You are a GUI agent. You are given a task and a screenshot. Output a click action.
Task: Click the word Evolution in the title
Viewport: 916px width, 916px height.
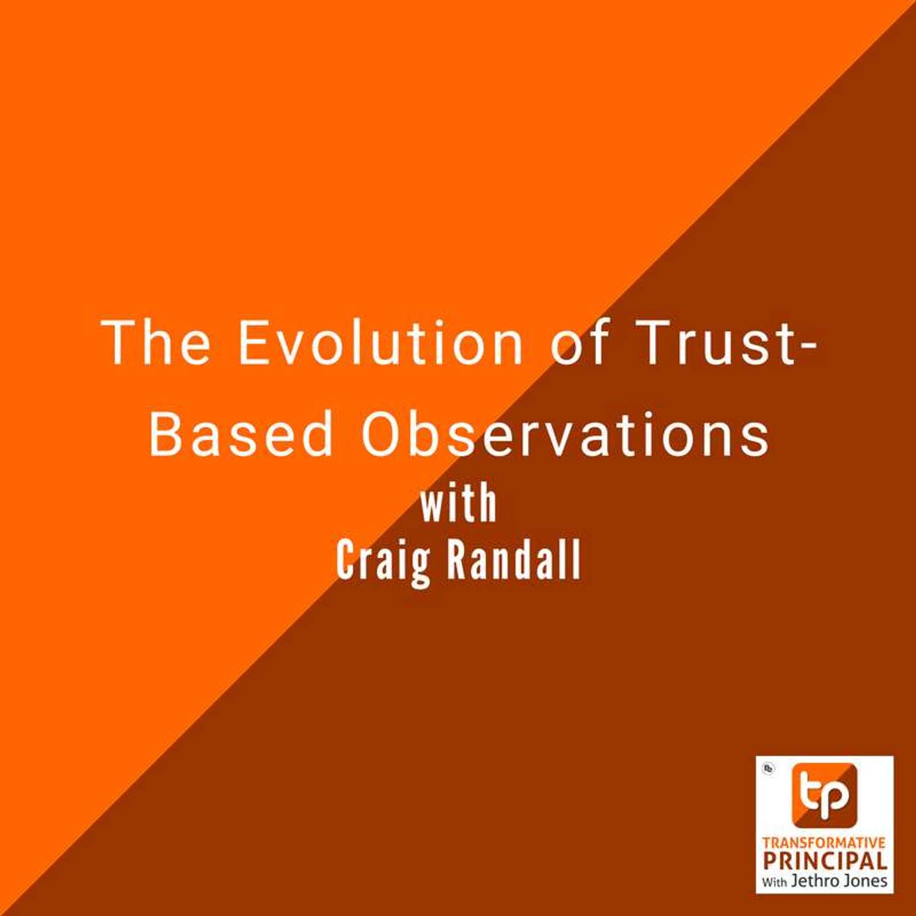click(x=380, y=342)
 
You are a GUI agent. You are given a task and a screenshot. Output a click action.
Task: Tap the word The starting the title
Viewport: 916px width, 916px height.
click(x=156, y=342)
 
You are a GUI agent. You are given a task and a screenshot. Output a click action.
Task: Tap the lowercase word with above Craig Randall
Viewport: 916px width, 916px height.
click(x=458, y=504)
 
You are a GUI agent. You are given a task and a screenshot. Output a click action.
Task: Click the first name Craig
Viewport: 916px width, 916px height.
click(x=383, y=561)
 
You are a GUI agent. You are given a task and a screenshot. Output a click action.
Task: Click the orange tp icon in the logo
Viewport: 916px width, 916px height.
click(x=824, y=794)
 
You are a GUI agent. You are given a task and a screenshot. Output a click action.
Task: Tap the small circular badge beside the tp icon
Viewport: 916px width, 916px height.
click(x=769, y=769)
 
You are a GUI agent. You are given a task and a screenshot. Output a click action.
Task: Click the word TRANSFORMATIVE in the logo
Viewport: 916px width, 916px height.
click(x=824, y=843)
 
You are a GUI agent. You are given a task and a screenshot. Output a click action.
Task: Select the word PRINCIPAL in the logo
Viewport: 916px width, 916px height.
click(x=824, y=860)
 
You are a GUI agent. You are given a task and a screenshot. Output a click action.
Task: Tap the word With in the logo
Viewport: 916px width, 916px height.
click(x=774, y=882)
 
